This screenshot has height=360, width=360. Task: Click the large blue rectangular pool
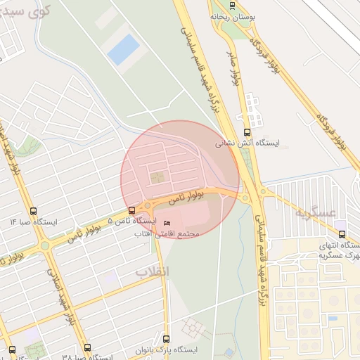[x=124, y=49]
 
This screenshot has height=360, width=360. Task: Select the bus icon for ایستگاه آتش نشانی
[x=246, y=131]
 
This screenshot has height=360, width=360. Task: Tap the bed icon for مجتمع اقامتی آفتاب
[x=167, y=224]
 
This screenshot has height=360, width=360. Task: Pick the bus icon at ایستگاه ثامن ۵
[x=131, y=210]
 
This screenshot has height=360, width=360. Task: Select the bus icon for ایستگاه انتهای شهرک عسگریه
[x=342, y=234]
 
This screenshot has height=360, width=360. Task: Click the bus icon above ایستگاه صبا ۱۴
[x=34, y=211]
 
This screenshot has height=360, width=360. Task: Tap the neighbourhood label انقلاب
[x=153, y=271]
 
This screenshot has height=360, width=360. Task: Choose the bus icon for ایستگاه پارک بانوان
[x=167, y=339]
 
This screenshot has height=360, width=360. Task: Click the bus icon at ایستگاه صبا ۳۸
[x=87, y=347]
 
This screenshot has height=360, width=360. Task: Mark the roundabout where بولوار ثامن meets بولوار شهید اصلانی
[x=45, y=245]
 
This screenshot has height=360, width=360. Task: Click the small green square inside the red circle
[x=156, y=177]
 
